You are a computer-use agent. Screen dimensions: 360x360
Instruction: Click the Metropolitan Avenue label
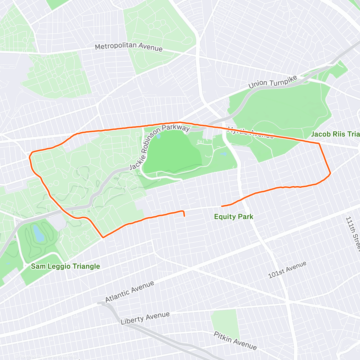(129, 47)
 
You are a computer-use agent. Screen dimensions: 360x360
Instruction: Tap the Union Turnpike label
(273, 82)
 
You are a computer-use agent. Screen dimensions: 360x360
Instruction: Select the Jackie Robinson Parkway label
(159, 147)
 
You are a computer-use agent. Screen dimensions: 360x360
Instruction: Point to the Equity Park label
(234, 217)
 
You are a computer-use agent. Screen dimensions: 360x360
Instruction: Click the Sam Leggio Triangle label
(65, 266)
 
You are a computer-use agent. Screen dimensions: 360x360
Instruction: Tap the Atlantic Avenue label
(130, 292)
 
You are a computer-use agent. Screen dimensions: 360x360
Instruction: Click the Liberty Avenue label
(145, 318)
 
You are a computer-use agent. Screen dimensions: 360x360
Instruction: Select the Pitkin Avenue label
(235, 341)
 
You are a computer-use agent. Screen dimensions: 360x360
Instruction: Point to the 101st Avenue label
(287, 269)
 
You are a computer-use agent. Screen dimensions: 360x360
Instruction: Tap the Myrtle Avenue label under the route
(250, 133)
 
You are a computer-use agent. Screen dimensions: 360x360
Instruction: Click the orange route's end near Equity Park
(222, 206)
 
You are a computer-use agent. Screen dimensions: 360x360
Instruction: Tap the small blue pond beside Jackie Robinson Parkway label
(158, 136)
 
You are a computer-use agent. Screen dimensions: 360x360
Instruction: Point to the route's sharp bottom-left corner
(103, 237)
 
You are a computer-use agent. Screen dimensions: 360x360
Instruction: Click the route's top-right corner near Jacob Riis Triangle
(319, 144)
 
